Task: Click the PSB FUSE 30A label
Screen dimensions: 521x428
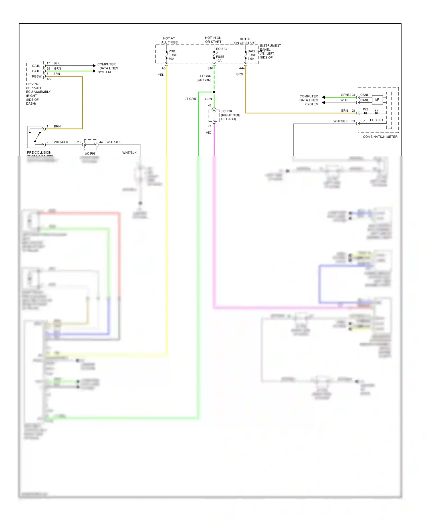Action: tap(172, 55)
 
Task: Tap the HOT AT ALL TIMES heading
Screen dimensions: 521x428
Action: tap(169, 40)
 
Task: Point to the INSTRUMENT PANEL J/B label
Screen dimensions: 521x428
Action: tap(270, 51)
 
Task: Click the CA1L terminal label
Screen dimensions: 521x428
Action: tap(36, 66)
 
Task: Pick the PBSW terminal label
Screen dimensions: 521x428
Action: tap(37, 76)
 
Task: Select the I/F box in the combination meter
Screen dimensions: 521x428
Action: tap(377, 100)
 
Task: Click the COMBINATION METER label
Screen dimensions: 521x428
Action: tap(380, 137)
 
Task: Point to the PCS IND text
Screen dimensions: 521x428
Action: tap(376, 120)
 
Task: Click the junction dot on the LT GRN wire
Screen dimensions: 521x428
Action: tap(214, 92)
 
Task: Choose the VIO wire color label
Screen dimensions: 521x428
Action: tap(208, 133)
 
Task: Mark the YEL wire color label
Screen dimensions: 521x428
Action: tap(161, 75)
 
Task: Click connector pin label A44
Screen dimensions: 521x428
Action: tap(241, 68)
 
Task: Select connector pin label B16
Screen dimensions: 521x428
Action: tap(210, 68)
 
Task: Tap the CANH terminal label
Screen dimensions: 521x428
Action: tap(364, 95)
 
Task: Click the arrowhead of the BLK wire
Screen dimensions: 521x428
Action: tap(94, 66)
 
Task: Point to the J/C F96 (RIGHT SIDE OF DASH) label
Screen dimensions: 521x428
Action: tap(230, 115)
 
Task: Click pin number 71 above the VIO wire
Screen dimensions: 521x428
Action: tap(209, 126)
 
